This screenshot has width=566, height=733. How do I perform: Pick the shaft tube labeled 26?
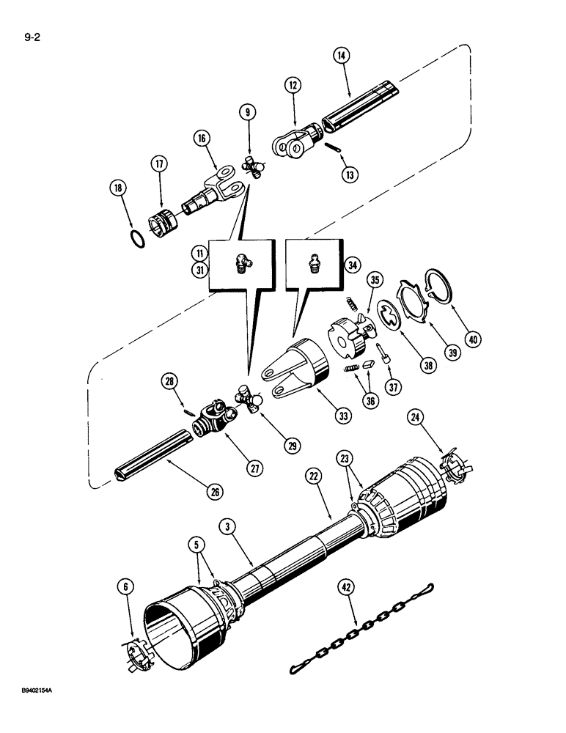[152, 457]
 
